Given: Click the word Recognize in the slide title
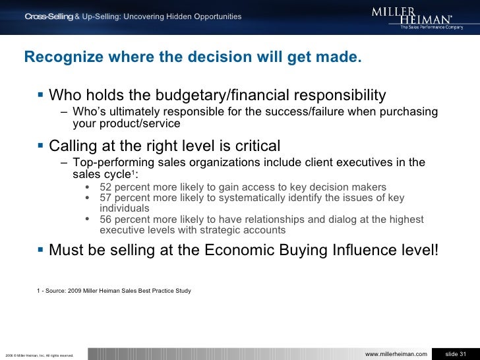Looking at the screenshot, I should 57,58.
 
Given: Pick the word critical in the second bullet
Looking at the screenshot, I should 257,145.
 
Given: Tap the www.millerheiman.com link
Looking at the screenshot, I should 396,355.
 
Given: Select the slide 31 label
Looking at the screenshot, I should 456,355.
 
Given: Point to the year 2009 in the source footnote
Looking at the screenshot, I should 78,291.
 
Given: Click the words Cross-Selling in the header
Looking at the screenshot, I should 49,16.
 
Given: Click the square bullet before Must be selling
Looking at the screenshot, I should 42,251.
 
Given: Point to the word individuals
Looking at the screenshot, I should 124,208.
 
